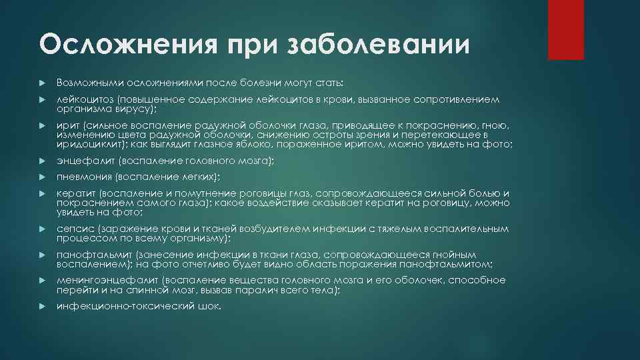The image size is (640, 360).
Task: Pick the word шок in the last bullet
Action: (x=209, y=306)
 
